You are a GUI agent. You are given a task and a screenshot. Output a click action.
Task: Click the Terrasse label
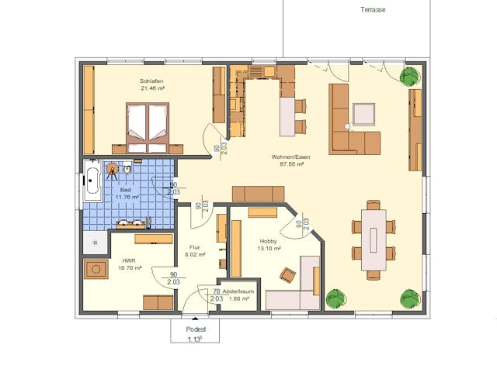374,10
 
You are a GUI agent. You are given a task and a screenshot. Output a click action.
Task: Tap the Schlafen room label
151,81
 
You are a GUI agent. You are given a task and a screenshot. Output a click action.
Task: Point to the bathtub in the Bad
91,180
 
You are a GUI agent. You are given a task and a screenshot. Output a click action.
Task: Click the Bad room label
125,190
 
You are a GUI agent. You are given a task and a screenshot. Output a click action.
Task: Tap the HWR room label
129,260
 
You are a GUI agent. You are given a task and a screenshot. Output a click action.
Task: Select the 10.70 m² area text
130,268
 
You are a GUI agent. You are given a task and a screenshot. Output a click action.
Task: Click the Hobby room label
269,242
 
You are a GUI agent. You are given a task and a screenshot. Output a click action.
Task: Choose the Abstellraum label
237,291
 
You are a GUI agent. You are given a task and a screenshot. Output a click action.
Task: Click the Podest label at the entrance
195,329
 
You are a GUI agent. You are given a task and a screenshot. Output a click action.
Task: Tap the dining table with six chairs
374,239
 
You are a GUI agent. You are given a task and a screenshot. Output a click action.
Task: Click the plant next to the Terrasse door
409,76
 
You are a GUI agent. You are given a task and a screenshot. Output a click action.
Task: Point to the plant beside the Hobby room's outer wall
335,298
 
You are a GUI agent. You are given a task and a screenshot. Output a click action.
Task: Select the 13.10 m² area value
269,250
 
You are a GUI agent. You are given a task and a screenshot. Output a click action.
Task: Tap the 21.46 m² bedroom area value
152,88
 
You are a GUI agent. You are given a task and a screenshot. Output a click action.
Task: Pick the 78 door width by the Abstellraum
217,291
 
